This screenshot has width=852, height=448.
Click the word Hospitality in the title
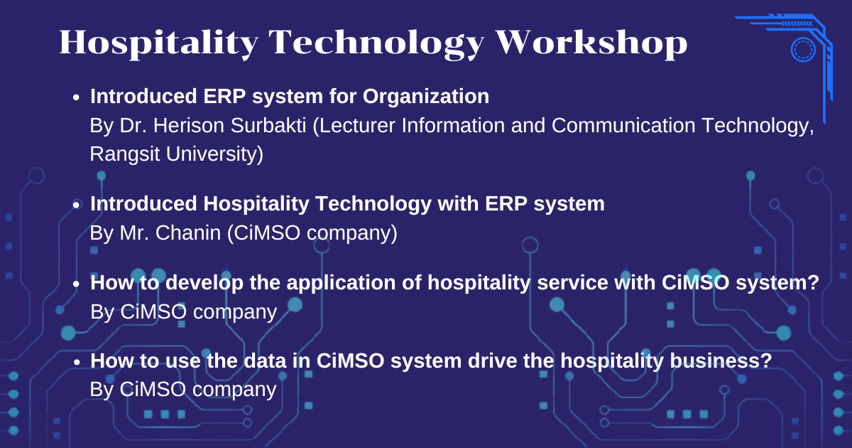pyautogui.click(x=159, y=43)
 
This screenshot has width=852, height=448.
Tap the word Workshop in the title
pyautogui.click(x=591, y=43)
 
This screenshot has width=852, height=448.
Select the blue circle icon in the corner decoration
pyautogui.click(x=803, y=50)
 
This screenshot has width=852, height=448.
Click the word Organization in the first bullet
pyautogui.click(x=425, y=97)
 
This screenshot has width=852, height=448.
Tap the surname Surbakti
pyautogui.click(x=268, y=125)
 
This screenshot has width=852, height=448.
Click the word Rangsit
pyautogui.click(x=124, y=155)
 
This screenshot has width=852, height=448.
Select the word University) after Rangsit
pyautogui.click(x=214, y=154)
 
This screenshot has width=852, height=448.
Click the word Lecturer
pyautogui.click(x=354, y=126)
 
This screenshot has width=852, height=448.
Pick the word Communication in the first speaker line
pyautogui.click(x=623, y=125)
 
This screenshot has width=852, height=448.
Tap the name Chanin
pyautogui.click(x=188, y=233)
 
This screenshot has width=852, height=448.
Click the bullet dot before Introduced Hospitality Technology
pyautogui.click(x=77, y=205)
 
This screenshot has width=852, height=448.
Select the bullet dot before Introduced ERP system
pyautogui.click(x=77, y=97)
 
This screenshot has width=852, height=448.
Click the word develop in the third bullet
pyautogui.click(x=204, y=283)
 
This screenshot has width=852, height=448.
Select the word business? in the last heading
pyautogui.click(x=721, y=361)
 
